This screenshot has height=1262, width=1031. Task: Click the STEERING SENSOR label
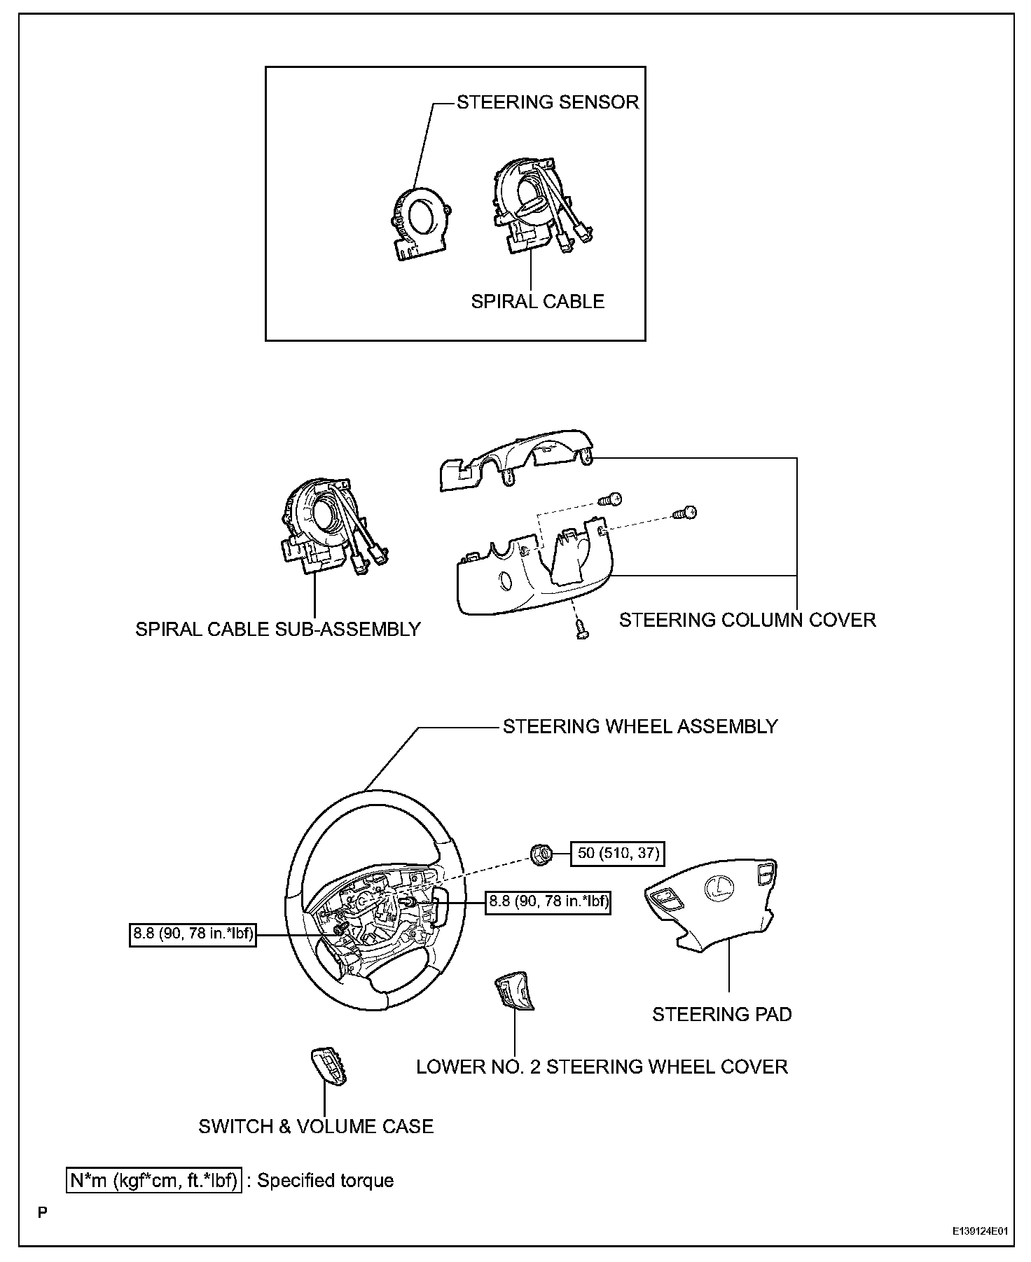click(x=548, y=102)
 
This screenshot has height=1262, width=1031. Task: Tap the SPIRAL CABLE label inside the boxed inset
click(x=537, y=301)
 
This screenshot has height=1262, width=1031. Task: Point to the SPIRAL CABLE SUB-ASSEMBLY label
click(x=278, y=629)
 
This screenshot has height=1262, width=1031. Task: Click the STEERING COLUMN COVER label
click(x=747, y=620)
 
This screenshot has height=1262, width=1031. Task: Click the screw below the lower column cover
click(x=581, y=629)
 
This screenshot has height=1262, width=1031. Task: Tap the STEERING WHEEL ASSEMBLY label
click(x=640, y=726)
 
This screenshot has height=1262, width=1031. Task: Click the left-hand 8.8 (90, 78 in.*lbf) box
click(x=193, y=934)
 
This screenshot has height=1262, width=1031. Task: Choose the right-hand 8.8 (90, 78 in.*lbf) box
click(x=548, y=902)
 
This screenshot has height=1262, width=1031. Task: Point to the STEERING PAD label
click(x=722, y=1014)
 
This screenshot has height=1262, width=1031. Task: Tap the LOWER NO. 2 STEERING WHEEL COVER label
click(x=602, y=1067)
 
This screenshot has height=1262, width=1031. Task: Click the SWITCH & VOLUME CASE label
click(x=316, y=1126)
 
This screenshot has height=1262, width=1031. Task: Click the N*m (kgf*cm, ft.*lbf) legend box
click(x=154, y=1180)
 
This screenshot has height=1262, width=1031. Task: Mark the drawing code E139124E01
click(x=979, y=1230)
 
